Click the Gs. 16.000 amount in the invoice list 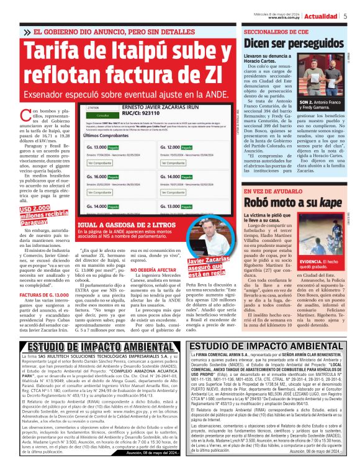coord(99,176)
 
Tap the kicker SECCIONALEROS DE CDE coord(277,30)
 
